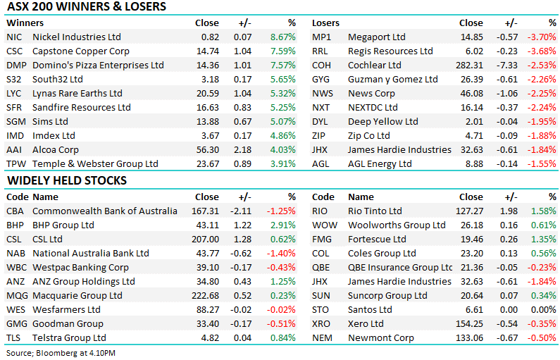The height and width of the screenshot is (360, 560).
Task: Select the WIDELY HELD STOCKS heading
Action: (67, 181)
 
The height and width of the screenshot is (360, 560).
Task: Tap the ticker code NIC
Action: (13, 37)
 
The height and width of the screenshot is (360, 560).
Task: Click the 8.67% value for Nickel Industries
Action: (282, 37)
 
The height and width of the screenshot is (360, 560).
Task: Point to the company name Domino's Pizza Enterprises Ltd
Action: (98, 65)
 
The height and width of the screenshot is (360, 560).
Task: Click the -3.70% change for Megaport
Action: (542, 37)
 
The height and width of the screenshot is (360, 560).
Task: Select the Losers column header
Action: (325, 23)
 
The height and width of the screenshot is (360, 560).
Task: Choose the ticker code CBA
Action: (15, 211)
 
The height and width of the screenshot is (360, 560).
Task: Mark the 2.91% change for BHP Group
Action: (282, 225)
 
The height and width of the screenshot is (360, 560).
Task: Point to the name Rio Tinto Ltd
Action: (375, 211)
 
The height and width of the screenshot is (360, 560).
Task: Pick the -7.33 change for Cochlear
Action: (506, 65)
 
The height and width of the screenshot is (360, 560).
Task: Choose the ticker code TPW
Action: (15, 163)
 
